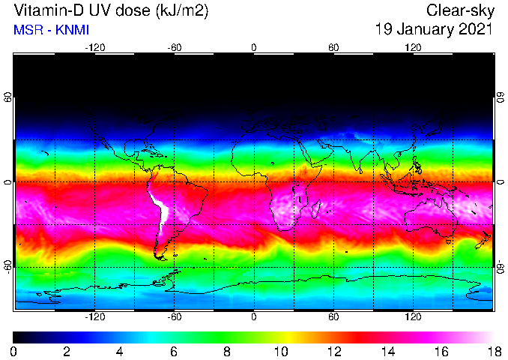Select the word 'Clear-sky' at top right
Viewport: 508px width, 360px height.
pos(459,11)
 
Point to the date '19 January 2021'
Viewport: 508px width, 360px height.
pos(434,30)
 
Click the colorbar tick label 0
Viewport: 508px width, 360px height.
pos(14,351)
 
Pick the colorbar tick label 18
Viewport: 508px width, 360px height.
pos(492,351)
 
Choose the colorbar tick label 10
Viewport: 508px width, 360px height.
pos(280,351)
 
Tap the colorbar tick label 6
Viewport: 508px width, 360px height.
pos(174,351)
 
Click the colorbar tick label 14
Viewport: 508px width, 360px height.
pos(387,351)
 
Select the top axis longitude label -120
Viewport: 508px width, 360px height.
pos(94,47)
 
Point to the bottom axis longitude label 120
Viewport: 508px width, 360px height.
pos(413,316)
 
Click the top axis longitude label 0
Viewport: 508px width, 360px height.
pos(254,47)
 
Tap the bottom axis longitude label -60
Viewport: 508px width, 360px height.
pos(174,316)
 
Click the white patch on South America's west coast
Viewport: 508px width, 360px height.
pos(159,207)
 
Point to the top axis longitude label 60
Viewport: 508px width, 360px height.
pos(333,47)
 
